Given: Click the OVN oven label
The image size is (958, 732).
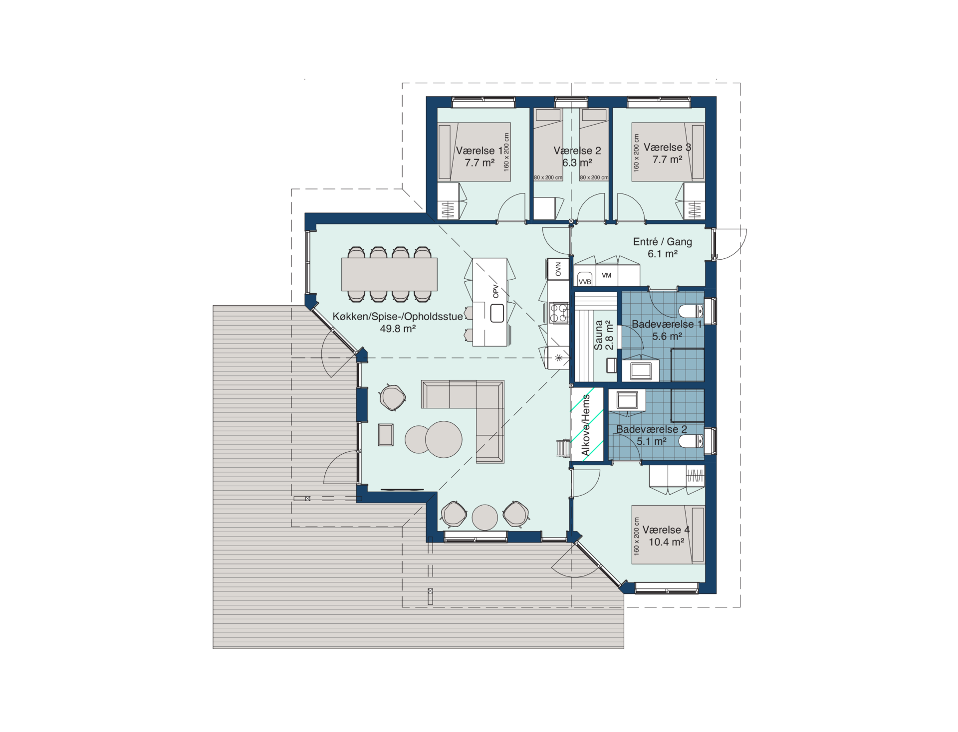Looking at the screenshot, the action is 558,269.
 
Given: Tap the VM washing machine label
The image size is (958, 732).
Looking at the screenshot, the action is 606,275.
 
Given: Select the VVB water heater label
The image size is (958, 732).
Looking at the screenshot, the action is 585,282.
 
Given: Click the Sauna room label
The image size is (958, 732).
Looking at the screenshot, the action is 599,335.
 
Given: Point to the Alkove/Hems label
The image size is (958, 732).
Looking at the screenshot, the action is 586,425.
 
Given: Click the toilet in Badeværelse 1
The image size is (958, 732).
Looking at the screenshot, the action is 691,311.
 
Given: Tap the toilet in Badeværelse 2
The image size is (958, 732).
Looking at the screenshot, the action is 691,441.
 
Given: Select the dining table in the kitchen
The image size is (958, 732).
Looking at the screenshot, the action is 389,274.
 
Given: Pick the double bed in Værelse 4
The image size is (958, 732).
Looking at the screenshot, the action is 668,535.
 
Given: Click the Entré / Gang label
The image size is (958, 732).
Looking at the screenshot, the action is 663,242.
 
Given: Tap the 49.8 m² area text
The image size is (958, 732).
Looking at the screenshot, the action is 398,329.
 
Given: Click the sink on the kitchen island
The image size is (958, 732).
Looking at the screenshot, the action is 497,313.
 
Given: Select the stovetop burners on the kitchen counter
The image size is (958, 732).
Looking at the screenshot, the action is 559,313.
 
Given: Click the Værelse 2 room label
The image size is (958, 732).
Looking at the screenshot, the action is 577,151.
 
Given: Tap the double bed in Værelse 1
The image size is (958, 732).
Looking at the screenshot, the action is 474,152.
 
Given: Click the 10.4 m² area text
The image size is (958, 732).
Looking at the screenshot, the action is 667,542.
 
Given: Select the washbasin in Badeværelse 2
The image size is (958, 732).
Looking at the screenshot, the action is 627,400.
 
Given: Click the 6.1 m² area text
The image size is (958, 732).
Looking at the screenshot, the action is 663,254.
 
